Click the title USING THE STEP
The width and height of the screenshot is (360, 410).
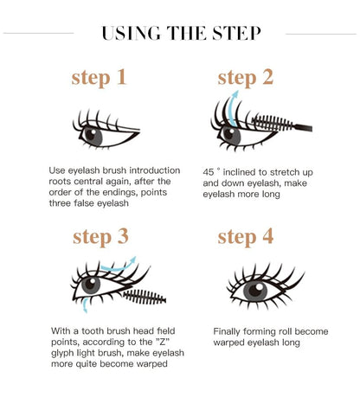[x=180, y=34]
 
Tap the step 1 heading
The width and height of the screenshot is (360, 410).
[x=100, y=77]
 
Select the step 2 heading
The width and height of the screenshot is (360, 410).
[x=245, y=77]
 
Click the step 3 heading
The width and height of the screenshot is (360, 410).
[x=100, y=235]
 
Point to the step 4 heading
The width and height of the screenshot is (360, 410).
[x=245, y=235]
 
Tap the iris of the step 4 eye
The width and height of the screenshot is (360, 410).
[x=255, y=291]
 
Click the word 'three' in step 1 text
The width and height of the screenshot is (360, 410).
[x=65, y=205]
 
